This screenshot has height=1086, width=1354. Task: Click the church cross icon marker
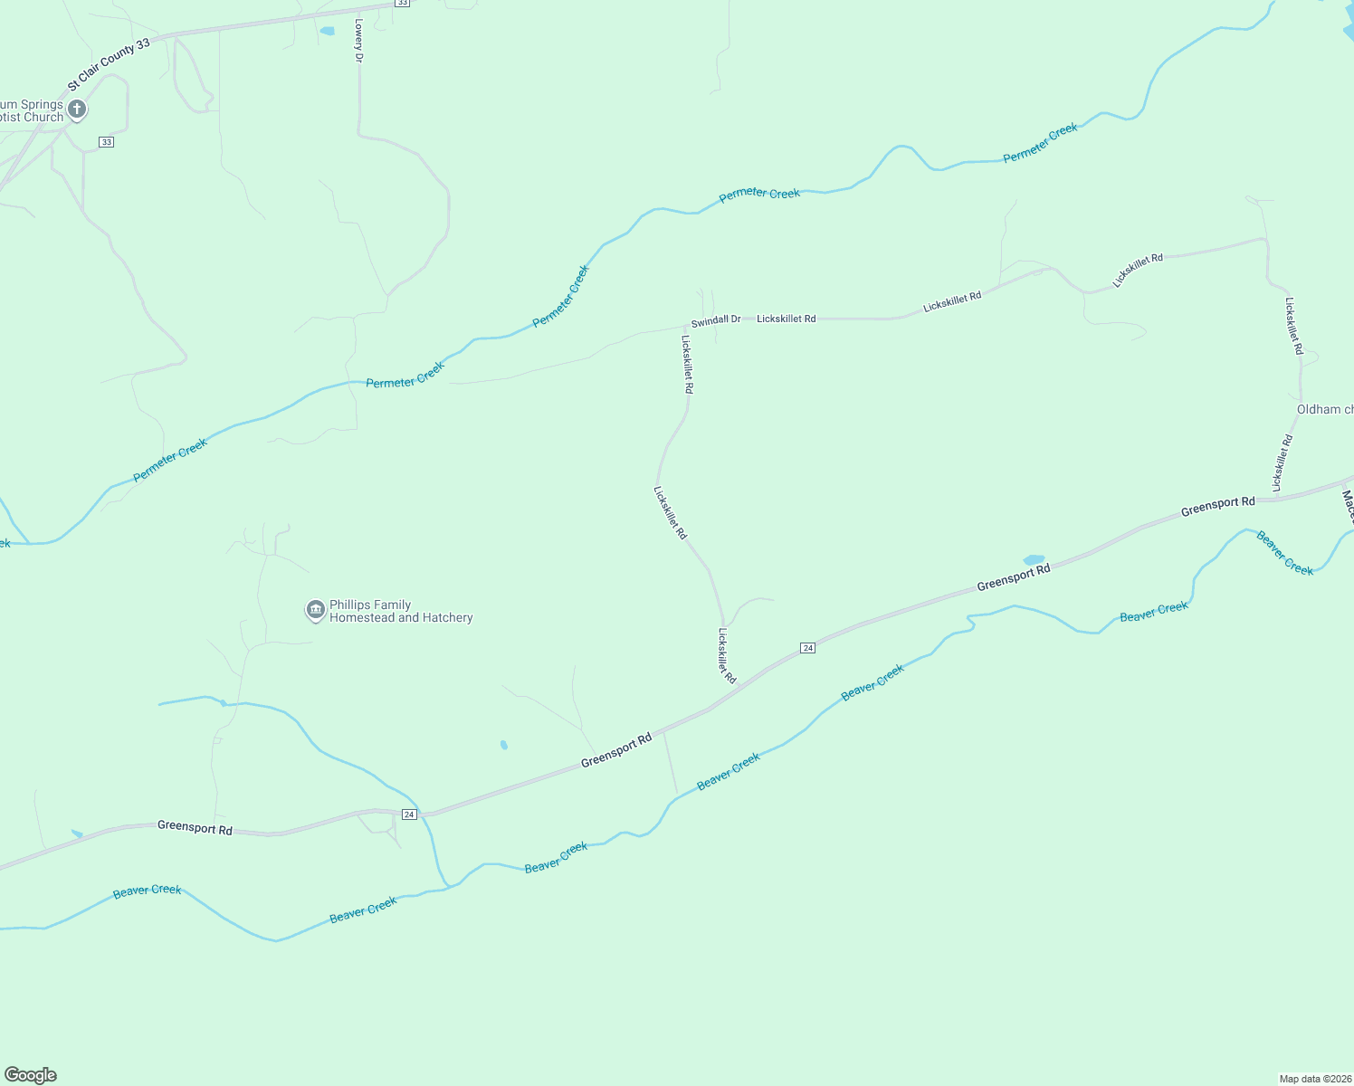(x=77, y=110)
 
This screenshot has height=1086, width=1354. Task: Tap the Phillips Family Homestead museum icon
(x=315, y=611)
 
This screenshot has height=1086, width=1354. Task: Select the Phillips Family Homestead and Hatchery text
(x=401, y=612)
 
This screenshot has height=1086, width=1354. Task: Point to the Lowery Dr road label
(x=359, y=41)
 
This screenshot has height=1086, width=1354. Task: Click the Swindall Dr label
(x=715, y=320)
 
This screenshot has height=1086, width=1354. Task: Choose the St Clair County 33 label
(x=109, y=65)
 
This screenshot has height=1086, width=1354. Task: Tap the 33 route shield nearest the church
(x=107, y=142)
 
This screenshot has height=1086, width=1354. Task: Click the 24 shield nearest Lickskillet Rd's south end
(x=808, y=648)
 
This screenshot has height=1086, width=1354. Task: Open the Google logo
(x=31, y=1075)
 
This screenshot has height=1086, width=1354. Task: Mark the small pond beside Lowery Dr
(x=327, y=32)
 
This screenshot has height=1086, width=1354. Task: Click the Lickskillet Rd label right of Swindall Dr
(x=786, y=319)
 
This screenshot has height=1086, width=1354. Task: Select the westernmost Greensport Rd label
(x=195, y=827)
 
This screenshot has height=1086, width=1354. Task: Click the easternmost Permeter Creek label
(x=1040, y=143)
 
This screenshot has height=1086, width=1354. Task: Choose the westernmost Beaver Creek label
(x=147, y=891)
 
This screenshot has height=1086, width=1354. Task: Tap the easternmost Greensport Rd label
(x=1217, y=507)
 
